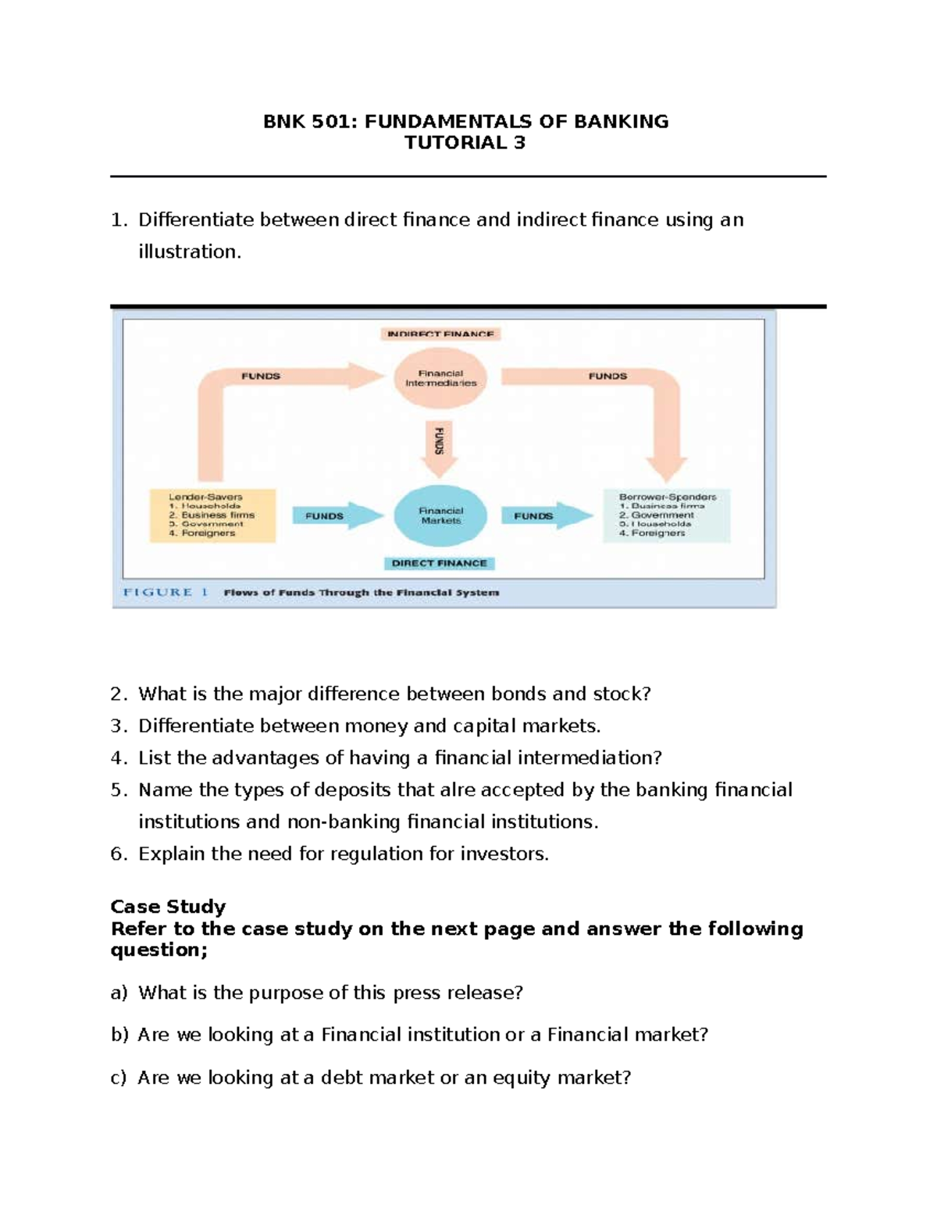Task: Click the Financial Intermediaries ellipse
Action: tap(440, 379)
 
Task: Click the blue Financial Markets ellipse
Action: tap(440, 516)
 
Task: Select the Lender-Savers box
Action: tap(212, 516)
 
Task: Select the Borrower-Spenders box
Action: tap(667, 516)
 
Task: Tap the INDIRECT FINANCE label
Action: tap(440, 334)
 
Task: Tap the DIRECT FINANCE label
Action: tap(440, 563)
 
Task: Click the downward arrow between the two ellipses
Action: tap(439, 449)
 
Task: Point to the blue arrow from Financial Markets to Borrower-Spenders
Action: tap(547, 516)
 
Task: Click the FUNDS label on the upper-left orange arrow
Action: tap(261, 376)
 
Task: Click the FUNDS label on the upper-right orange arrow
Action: tap(607, 376)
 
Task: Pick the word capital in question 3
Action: tap(485, 726)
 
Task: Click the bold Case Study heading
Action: tap(168, 907)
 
